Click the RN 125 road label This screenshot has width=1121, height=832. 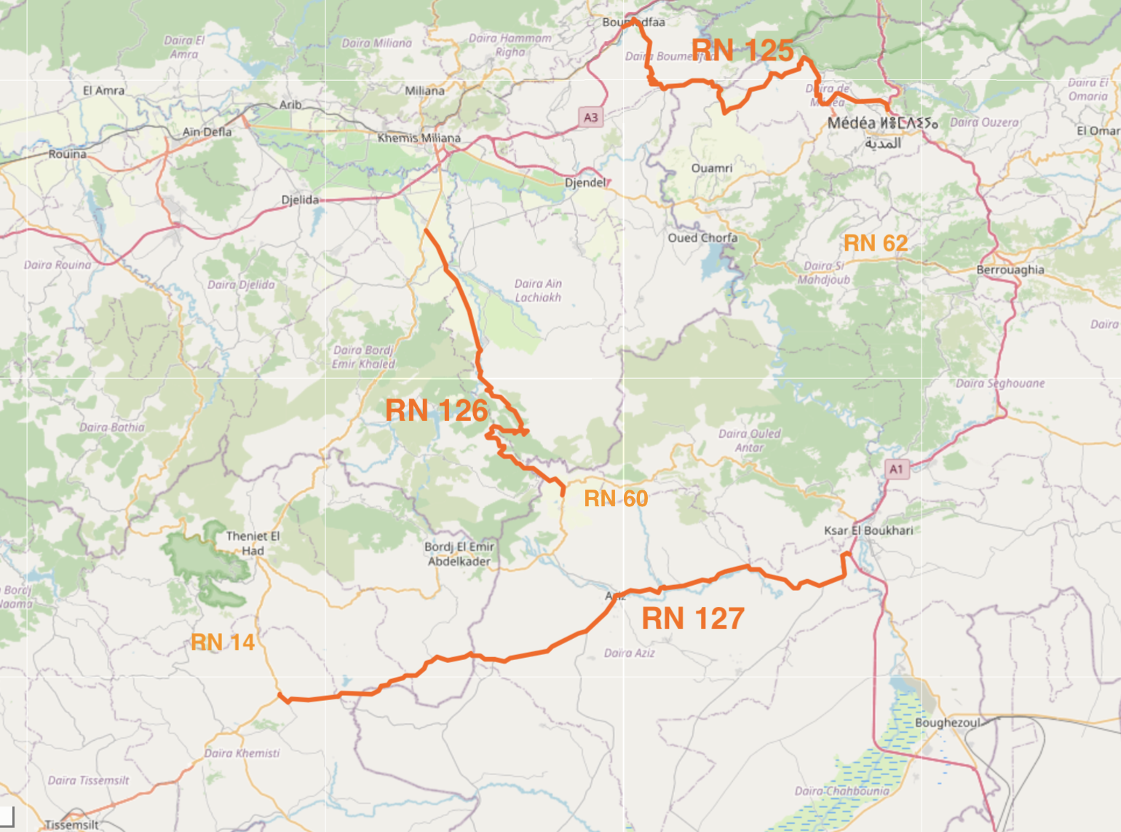(742, 50)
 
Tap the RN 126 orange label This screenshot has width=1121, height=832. (436, 410)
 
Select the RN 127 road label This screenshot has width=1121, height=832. (692, 619)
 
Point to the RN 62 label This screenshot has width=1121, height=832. (876, 243)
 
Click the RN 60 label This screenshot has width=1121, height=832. (616, 498)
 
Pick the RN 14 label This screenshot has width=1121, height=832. (223, 642)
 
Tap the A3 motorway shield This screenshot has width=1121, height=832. (591, 117)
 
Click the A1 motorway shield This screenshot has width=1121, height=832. (896, 469)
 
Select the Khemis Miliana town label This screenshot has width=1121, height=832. (419, 138)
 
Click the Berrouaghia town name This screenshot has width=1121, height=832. (1010, 270)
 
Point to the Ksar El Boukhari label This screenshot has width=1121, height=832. (868, 530)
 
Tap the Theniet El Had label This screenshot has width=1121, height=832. (253, 543)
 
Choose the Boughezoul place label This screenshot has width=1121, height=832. (948, 723)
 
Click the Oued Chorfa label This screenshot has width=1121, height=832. (702, 238)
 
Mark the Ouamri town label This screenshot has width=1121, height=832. (711, 168)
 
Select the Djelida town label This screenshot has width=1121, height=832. (300, 200)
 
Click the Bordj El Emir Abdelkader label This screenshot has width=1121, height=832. (459, 554)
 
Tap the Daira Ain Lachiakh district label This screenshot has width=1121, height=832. (538, 290)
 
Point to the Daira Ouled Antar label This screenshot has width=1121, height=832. (749, 440)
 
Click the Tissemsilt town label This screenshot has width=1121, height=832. (71, 825)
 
